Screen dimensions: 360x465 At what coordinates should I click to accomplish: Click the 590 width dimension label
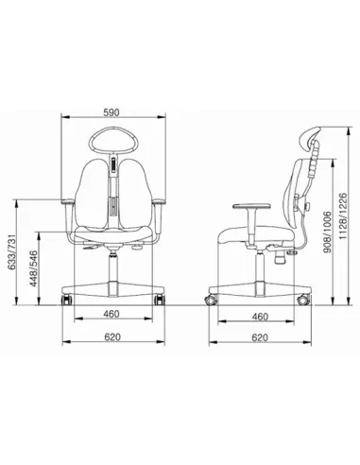(x=111, y=112)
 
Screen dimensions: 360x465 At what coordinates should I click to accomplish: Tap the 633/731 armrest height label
(x=12, y=252)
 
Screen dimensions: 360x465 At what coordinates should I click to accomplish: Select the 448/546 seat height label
(x=34, y=268)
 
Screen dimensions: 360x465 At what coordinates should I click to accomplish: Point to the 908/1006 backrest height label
(x=328, y=232)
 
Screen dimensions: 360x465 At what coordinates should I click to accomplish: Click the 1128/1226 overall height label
(x=343, y=215)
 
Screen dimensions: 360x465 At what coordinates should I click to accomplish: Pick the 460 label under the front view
(x=111, y=314)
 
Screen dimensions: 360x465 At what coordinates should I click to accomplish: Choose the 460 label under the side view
(x=260, y=317)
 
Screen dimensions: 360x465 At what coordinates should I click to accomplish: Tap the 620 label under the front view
(x=112, y=336)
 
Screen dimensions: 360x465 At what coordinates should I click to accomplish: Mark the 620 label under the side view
(x=260, y=337)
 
